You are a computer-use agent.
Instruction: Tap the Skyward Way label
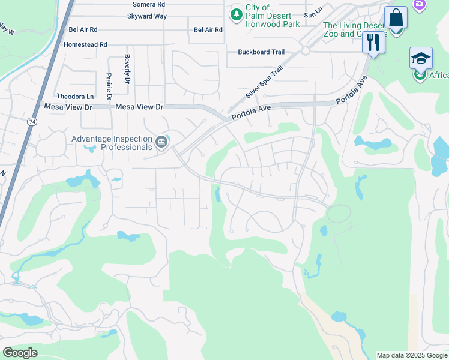147,16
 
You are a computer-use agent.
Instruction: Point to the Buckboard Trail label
261,52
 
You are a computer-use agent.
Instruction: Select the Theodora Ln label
75,96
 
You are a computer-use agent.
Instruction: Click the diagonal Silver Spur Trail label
264,83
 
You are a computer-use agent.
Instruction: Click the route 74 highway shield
30,121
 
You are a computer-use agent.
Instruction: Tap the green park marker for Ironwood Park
237,13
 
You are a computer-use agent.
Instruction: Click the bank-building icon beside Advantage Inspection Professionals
161,142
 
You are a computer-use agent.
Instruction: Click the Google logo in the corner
20,353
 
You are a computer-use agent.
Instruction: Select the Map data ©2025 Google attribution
412,355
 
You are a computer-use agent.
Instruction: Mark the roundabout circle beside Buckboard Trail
306,51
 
